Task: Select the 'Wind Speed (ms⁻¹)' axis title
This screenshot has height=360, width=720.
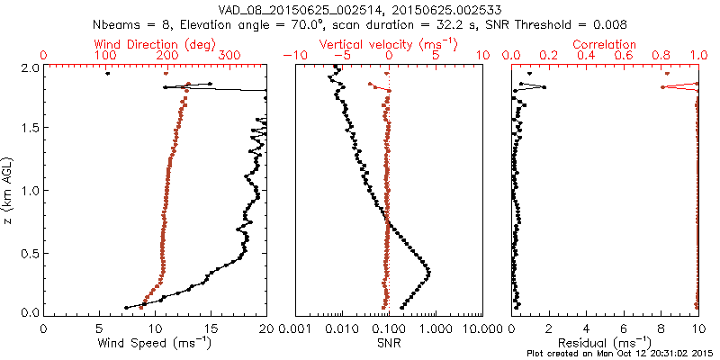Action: pos(156,343)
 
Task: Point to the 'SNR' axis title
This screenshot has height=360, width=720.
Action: pos(389,343)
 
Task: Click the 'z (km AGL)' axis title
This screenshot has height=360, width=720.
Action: pos(10,190)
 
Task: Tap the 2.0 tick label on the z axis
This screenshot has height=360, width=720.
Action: pos(29,67)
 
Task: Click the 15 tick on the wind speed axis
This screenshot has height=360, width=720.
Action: pos(211,328)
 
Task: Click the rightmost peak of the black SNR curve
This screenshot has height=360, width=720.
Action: pos(428,273)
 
